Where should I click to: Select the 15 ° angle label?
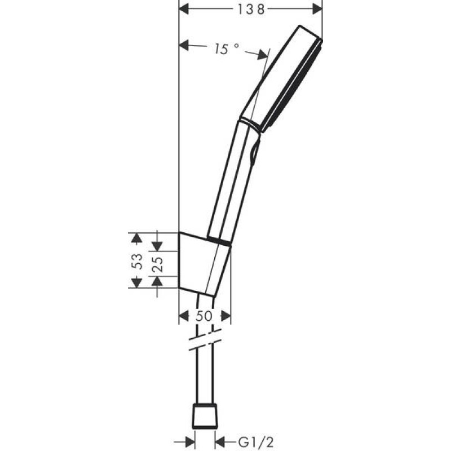coord(227,50)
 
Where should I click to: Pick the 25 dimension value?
coord(158,263)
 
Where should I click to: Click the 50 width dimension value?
coord(205,316)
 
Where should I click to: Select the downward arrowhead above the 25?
coord(158,246)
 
